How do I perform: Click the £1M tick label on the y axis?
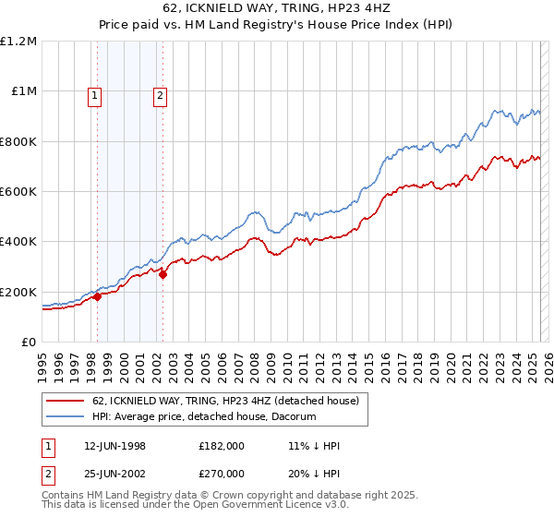click(22, 90)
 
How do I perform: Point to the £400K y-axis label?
click(18, 241)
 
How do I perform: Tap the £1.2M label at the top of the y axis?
click(18, 41)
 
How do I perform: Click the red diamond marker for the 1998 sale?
click(97, 296)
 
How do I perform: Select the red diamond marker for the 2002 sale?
click(163, 274)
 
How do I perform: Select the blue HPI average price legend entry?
click(204, 416)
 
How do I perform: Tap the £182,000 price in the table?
click(221, 446)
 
